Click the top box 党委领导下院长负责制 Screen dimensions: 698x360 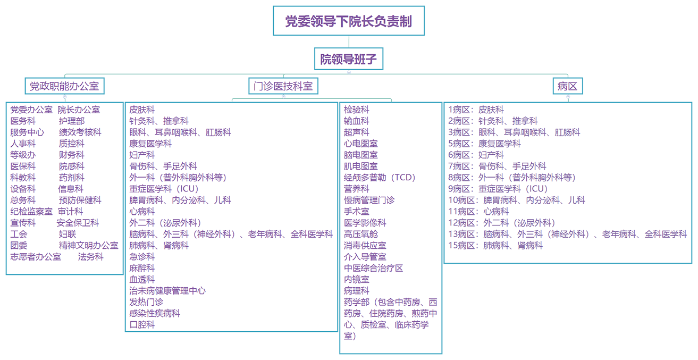coord(349,21)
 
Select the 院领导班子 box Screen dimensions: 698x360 coord(349,59)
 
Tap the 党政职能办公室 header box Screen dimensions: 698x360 coord(64,86)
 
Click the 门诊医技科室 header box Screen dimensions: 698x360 coord(283,86)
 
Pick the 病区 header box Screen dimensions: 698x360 coord(568,86)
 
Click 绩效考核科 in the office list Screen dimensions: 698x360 coord(80,132)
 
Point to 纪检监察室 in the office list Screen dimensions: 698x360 coord(31,212)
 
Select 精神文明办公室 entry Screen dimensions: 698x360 coord(88,246)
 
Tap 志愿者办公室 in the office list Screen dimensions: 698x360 coord(36,257)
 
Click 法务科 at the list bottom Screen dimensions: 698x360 coord(91,257)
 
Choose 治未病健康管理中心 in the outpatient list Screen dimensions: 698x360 coord(167,291)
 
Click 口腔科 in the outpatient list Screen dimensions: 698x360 coord(142,325)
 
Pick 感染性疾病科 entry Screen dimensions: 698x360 coord(155,313)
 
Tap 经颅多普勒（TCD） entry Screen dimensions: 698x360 coord(380,178)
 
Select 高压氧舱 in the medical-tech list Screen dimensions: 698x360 coord(361,234)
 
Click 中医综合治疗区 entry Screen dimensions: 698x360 coord(373,268)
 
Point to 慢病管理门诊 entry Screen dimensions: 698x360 coord(369,200)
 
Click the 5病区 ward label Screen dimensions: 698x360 coord(459,144)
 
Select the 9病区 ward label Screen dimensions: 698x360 coord(459,189)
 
